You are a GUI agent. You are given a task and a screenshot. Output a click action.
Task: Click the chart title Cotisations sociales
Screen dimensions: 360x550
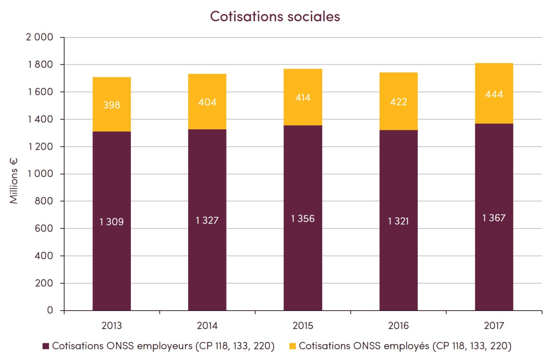pyautogui.click(x=275, y=16)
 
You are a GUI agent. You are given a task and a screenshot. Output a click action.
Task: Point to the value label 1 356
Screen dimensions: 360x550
pyautogui.click(x=303, y=219)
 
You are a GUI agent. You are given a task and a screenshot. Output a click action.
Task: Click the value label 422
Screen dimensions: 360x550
pyautogui.click(x=398, y=102)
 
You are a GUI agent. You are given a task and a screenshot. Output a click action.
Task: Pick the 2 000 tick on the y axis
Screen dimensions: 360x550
pyautogui.click(x=40, y=37)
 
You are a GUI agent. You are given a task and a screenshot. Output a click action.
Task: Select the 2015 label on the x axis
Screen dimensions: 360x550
pyautogui.click(x=303, y=325)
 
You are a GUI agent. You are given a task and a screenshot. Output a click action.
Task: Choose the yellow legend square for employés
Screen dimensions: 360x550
pyautogui.click(x=292, y=346)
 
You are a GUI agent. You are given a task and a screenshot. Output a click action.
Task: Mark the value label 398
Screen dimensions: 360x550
pyautogui.click(x=111, y=105)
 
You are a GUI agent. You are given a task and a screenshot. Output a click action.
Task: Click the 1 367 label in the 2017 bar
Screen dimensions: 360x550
pyautogui.click(x=494, y=218)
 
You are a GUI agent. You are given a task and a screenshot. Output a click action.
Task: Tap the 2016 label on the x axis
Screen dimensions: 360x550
pyautogui.click(x=398, y=325)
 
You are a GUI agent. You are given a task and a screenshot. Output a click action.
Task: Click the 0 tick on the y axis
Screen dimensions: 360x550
pyautogui.click(x=50, y=311)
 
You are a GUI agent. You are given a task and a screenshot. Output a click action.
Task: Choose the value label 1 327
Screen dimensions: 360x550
pyautogui.click(x=207, y=220)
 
